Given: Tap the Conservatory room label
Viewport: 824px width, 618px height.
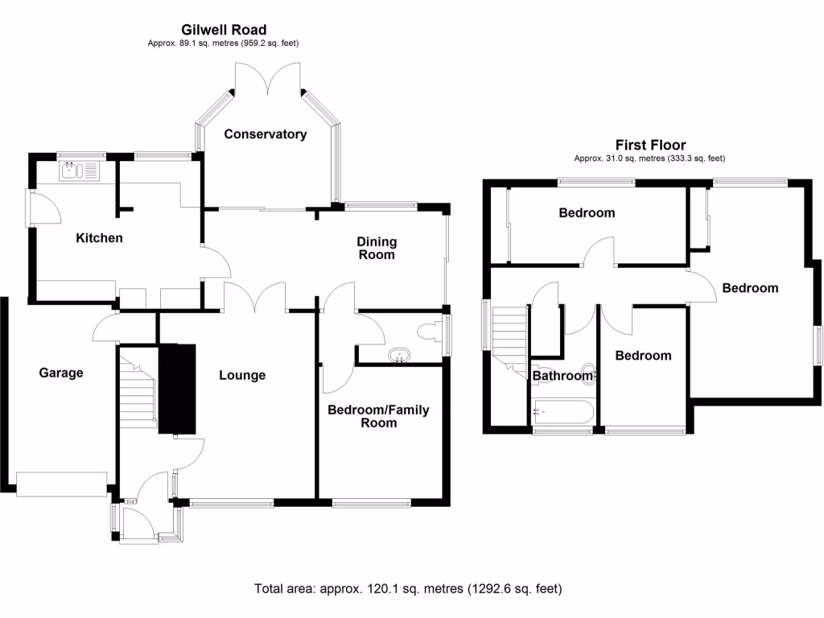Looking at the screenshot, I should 265,134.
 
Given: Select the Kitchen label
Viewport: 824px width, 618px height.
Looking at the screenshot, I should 99,237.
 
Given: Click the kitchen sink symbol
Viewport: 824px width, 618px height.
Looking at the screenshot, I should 79,170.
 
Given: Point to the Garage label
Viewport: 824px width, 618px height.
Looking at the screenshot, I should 61,373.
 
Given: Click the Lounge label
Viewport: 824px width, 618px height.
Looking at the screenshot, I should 242,375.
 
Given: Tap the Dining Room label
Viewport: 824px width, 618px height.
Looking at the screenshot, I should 377,248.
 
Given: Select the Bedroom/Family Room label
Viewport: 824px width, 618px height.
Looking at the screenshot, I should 377,416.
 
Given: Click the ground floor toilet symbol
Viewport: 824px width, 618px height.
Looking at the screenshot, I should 428,331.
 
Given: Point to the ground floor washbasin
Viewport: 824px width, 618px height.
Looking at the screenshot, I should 398,355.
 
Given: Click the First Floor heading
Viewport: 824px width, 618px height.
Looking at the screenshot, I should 650,145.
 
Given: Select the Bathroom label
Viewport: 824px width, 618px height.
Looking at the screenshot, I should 562,375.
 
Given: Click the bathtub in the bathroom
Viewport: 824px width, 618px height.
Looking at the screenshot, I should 562,413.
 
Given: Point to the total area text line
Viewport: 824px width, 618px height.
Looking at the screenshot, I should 408,588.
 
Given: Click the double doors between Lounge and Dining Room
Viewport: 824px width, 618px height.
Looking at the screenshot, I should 256,297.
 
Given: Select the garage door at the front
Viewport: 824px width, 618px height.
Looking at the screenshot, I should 62,484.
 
